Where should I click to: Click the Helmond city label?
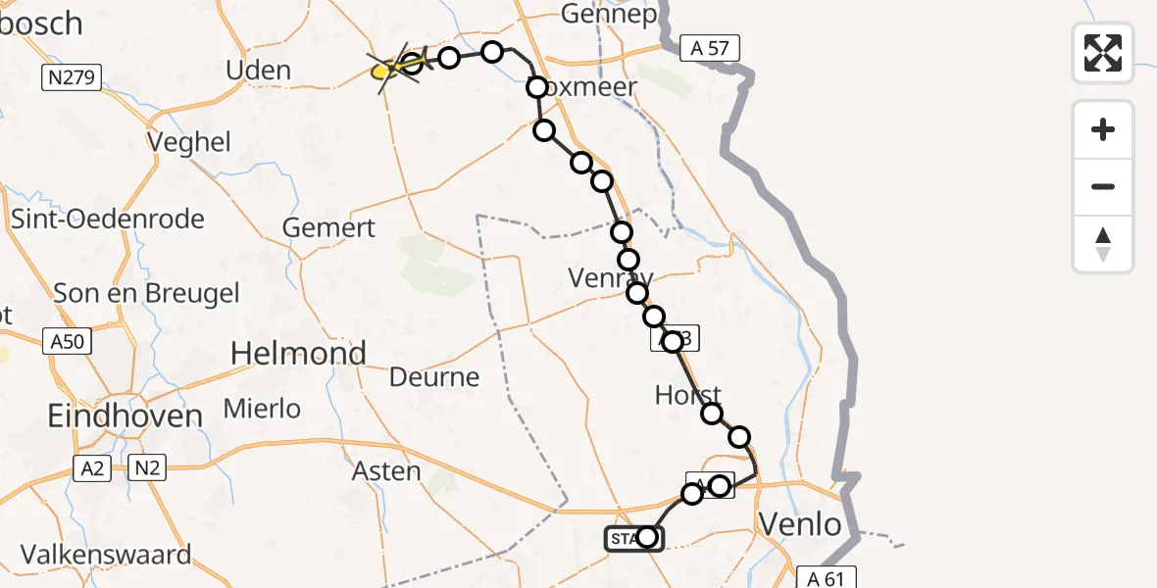[298, 353]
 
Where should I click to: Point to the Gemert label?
[328, 228]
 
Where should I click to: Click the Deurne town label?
[434, 377]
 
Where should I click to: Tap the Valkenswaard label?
[106, 555]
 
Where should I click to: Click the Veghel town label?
[188, 142]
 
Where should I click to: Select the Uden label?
[258, 71]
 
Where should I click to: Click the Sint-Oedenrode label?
[107, 218]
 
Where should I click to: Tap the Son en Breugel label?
[146, 293]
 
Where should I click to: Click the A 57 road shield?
[708, 48]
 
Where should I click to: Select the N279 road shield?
[73, 77]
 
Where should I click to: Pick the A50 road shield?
[68, 341]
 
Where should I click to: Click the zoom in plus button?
[1103, 129]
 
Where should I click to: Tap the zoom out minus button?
[1103, 186]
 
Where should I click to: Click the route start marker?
[633, 538]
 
